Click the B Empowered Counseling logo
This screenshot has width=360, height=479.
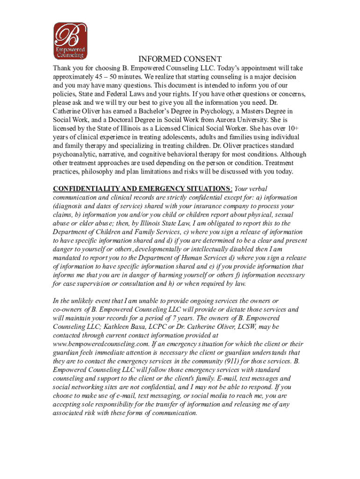[x=70, y=41]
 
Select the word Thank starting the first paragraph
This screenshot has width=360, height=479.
[x=63, y=68]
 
